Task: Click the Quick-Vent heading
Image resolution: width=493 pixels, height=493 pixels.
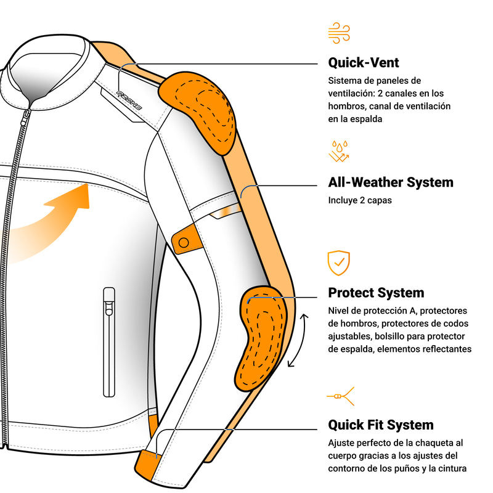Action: [364, 63]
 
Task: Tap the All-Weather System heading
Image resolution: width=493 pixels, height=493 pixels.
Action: [390, 182]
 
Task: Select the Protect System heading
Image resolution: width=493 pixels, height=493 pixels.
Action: [376, 293]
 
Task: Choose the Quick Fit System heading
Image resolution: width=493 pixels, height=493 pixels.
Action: [380, 425]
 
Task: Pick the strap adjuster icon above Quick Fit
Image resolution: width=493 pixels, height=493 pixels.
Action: [340, 396]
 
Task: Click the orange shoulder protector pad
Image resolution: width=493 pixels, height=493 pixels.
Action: [198, 111]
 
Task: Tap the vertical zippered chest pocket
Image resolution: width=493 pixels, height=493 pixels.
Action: [109, 341]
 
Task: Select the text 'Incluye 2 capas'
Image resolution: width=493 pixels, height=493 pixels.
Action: [360, 200]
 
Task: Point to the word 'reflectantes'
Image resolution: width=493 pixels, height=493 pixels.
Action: [444, 349]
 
